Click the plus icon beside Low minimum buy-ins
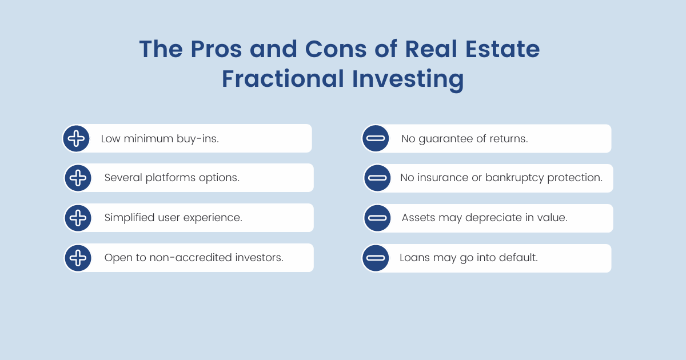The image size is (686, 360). tap(76, 138)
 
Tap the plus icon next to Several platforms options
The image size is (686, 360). tap(78, 178)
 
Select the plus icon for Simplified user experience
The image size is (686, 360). tap(78, 218)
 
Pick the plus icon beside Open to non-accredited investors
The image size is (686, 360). tap(78, 258)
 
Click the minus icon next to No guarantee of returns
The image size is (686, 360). tap(376, 138)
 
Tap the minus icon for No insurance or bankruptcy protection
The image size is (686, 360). tap(377, 178)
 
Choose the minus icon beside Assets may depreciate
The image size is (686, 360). tap(377, 218)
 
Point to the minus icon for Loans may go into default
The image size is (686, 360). tap(376, 258)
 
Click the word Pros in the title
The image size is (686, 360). tap(216, 49)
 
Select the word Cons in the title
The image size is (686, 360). tap(336, 49)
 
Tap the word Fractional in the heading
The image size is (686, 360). tap(282, 79)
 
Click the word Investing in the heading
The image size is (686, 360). tap(408, 80)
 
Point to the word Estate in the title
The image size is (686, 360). tap(502, 49)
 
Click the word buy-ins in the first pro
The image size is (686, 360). tap(198, 139)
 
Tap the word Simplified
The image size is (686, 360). tap(129, 218)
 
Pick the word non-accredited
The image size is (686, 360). tap(191, 258)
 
